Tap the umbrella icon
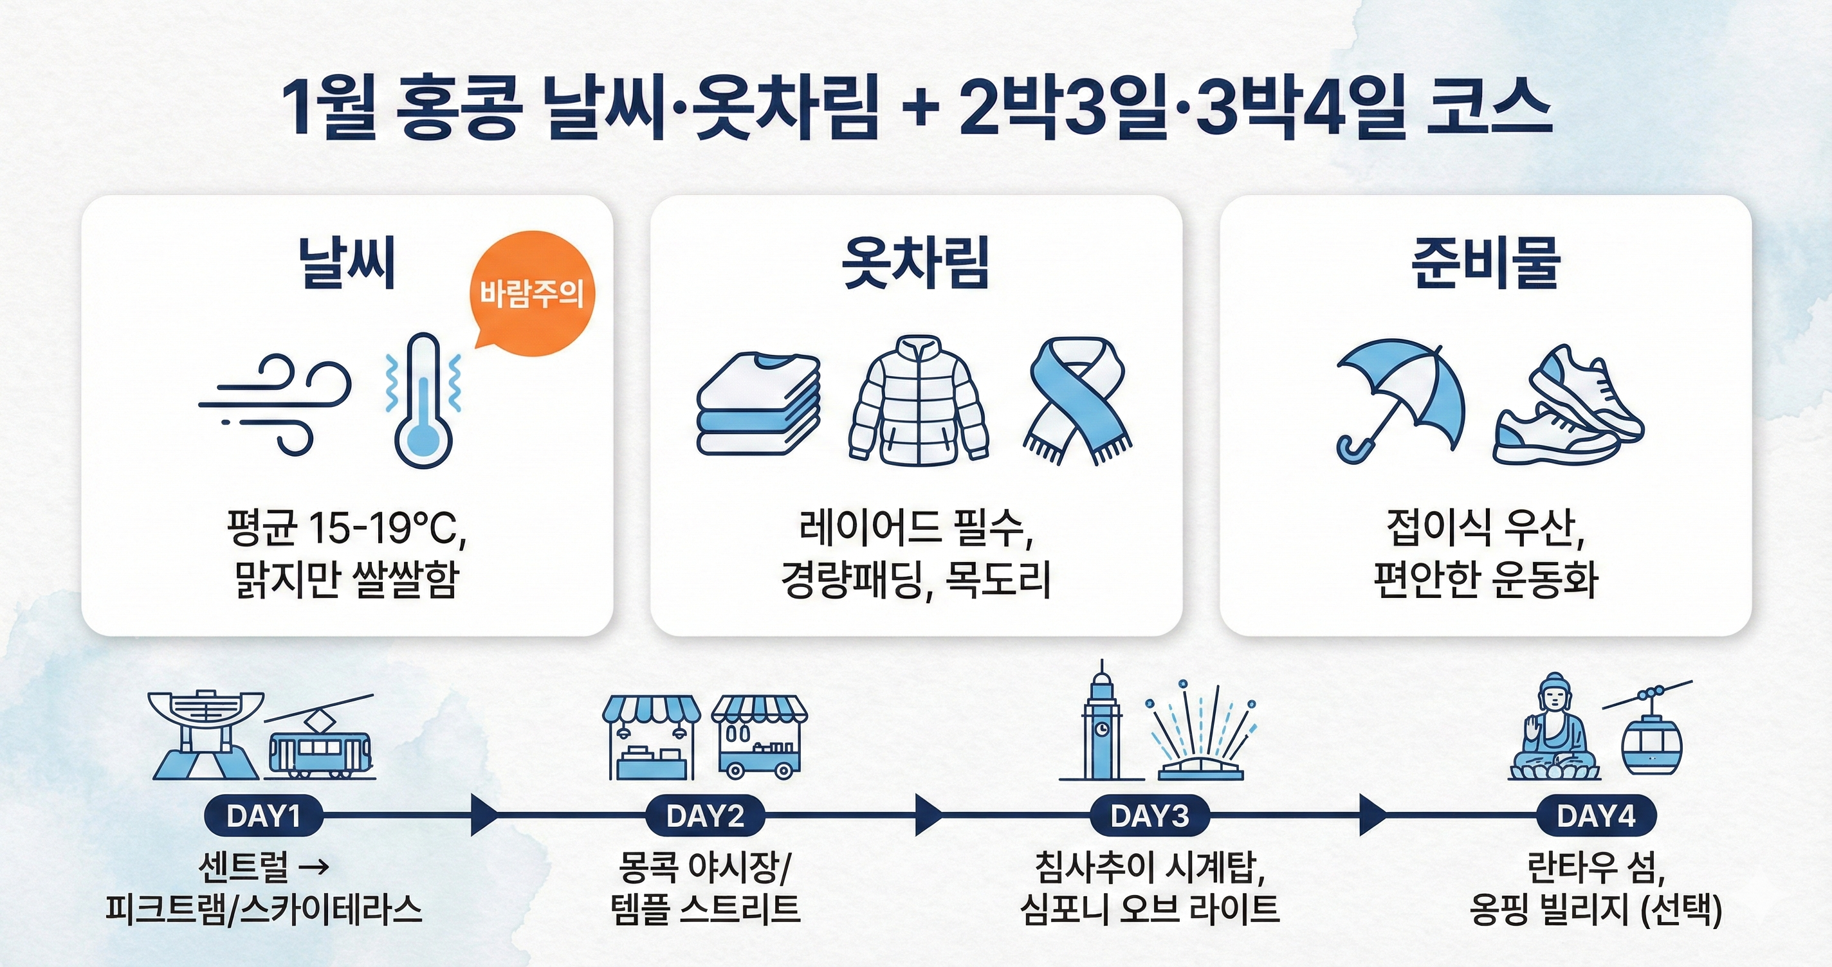(x=1400, y=401)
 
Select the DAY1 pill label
(x=263, y=815)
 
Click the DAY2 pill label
(x=706, y=815)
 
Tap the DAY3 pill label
(x=1150, y=815)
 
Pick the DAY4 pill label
(x=1596, y=815)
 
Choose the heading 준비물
(x=1486, y=262)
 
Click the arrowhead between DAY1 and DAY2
(x=484, y=815)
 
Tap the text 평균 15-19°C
(x=346, y=529)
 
